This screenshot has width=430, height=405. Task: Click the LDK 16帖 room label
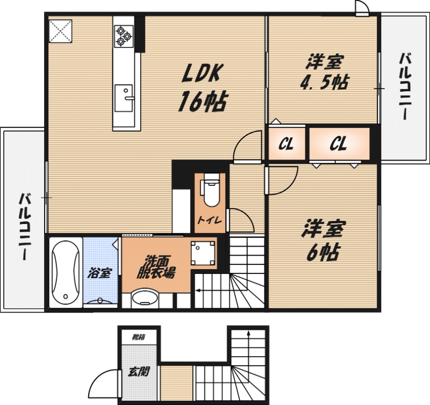point(203,88)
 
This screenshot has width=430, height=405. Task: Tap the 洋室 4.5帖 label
point(324,72)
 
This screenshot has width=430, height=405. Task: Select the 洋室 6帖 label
point(322,239)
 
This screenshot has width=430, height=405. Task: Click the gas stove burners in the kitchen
point(124,35)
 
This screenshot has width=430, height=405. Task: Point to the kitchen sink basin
point(124,98)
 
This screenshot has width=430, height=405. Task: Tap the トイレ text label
point(210,220)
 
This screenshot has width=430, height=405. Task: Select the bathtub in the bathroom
point(66,272)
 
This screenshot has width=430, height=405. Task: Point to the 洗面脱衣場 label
point(155,267)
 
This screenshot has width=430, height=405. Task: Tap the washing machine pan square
point(203,253)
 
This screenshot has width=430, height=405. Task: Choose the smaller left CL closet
point(286,143)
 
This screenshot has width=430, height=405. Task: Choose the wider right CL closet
point(340,143)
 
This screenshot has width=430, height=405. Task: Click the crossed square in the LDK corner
point(60,31)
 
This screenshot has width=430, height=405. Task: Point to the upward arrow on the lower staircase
point(248,346)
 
